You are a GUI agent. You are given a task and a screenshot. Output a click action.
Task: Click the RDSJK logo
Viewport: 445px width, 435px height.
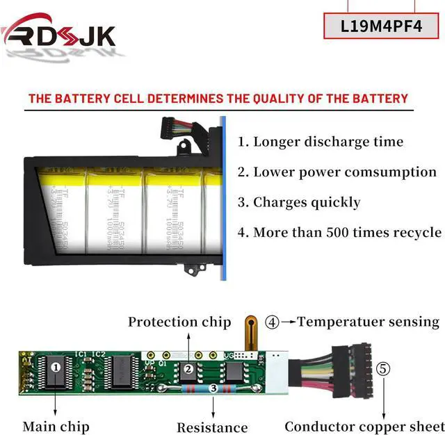(x=59, y=32)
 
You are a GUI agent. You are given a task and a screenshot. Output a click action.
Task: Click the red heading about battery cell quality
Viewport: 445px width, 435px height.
(x=218, y=99)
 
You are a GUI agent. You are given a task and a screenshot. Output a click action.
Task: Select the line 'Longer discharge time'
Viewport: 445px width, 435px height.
(x=320, y=142)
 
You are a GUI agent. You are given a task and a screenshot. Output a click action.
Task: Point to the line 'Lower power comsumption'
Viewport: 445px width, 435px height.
(x=337, y=172)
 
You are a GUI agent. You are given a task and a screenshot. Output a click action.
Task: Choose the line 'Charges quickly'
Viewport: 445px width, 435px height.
(x=299, y=202)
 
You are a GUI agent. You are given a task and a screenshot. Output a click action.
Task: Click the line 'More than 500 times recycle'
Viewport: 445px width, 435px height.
(x=339, y=232)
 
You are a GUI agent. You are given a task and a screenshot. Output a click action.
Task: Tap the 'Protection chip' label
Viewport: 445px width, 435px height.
(x=179, y=322)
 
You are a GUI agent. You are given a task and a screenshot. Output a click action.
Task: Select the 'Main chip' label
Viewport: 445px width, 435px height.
(x=56, y=425)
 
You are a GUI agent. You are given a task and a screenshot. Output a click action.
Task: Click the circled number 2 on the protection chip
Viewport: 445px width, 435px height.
(x=188, y=369)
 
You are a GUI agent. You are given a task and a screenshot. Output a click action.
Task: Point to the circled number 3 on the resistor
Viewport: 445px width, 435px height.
(x=212, y=390)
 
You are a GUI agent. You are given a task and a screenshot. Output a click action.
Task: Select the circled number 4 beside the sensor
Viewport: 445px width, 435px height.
(x=273, y=322)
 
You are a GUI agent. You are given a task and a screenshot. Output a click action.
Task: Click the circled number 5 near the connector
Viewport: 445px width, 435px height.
(x=384, y=368)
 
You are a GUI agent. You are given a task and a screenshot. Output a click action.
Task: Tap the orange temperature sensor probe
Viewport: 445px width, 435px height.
(x=251, y=333)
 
